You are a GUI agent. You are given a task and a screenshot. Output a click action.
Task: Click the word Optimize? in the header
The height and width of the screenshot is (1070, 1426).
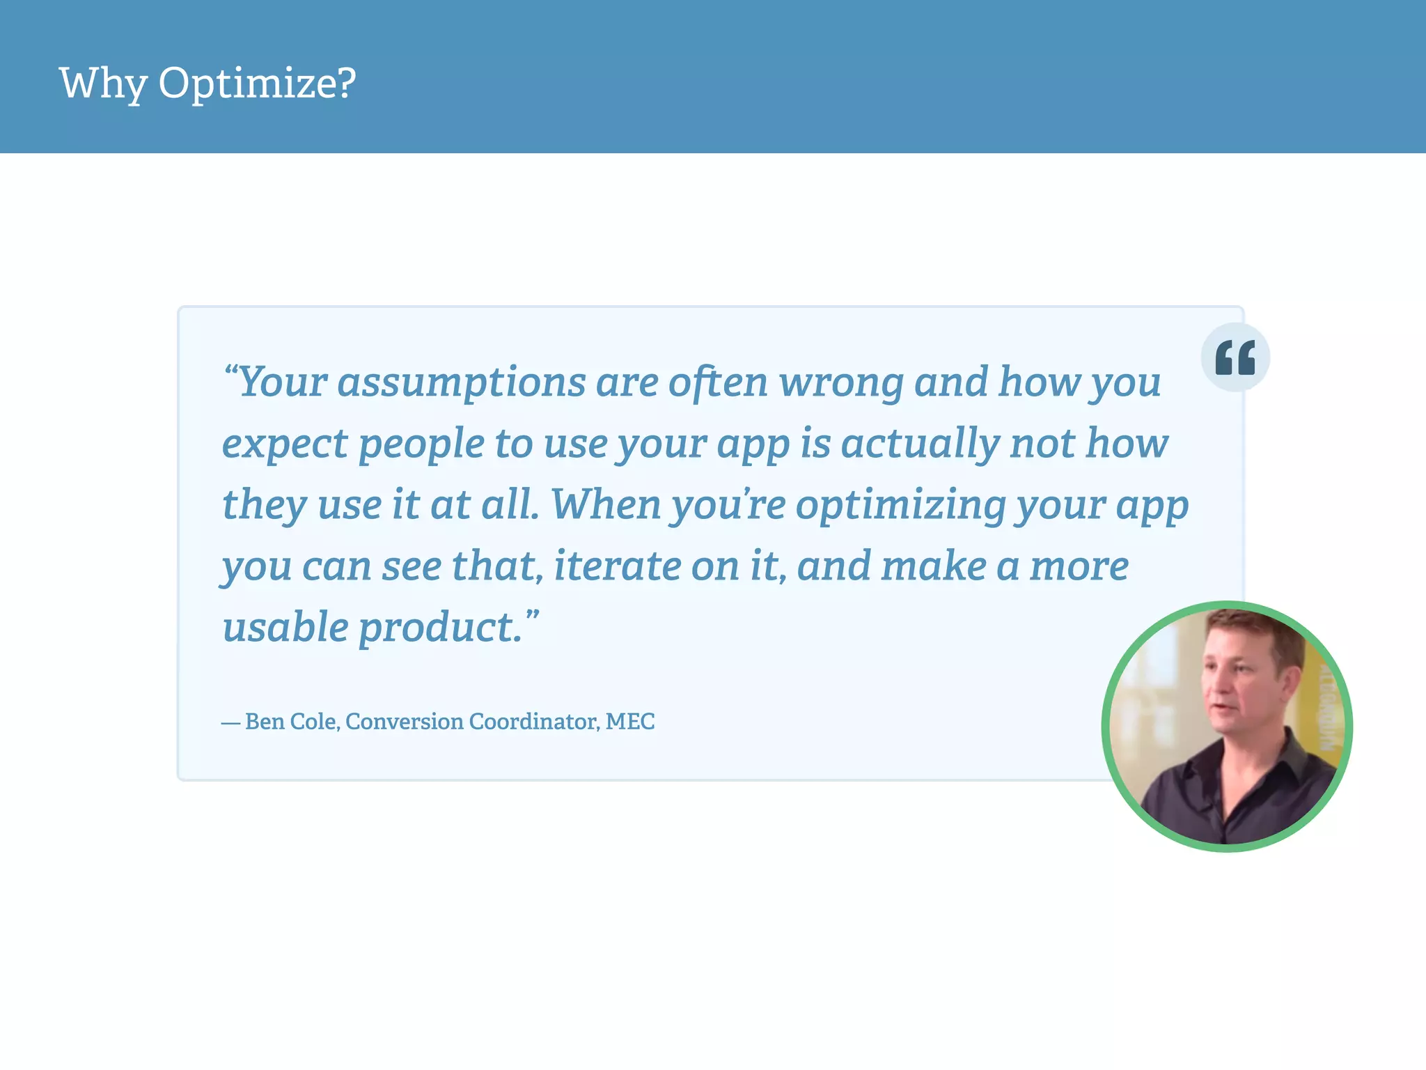click(257, 84)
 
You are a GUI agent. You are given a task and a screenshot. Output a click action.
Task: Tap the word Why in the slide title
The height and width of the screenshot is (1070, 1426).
click(102, 84)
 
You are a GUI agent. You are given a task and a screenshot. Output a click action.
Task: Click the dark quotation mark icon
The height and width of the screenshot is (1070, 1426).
click(1235, 357)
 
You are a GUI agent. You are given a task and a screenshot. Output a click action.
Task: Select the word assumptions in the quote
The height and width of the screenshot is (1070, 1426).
click(462, 383)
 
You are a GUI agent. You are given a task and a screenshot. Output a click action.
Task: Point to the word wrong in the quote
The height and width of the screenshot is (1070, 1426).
click(840, 383)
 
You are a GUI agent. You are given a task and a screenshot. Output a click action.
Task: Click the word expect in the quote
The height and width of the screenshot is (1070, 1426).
click(284, 444)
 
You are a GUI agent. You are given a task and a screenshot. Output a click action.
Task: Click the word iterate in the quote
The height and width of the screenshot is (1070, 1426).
click(617, 566)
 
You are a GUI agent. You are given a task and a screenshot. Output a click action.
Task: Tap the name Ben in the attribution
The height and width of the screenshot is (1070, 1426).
click(265, 722)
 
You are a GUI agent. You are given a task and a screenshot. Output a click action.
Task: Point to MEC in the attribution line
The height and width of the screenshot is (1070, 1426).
click(630, 722)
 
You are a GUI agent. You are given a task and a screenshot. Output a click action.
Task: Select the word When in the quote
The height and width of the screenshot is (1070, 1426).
click(606, 504)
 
